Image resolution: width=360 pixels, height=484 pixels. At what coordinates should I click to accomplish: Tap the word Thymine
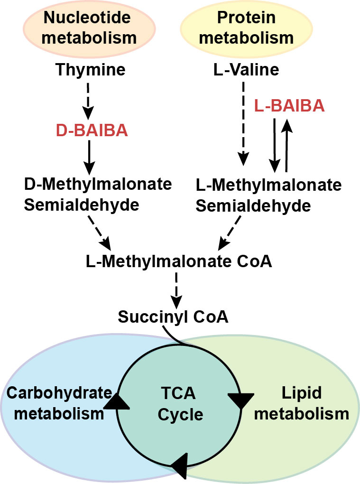(90, 70)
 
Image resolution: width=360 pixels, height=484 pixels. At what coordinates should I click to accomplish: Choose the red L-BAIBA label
(289, 105)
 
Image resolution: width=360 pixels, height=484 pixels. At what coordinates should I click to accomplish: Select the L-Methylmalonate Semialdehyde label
(268, 195)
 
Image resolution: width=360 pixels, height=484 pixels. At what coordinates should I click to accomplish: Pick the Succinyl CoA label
(173, 316)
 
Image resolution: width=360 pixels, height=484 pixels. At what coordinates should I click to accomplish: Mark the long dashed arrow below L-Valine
(244, 123)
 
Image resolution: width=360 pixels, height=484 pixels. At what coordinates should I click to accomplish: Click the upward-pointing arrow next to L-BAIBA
(286, 145)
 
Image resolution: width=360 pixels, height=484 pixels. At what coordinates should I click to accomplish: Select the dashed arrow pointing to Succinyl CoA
(176, 289)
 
